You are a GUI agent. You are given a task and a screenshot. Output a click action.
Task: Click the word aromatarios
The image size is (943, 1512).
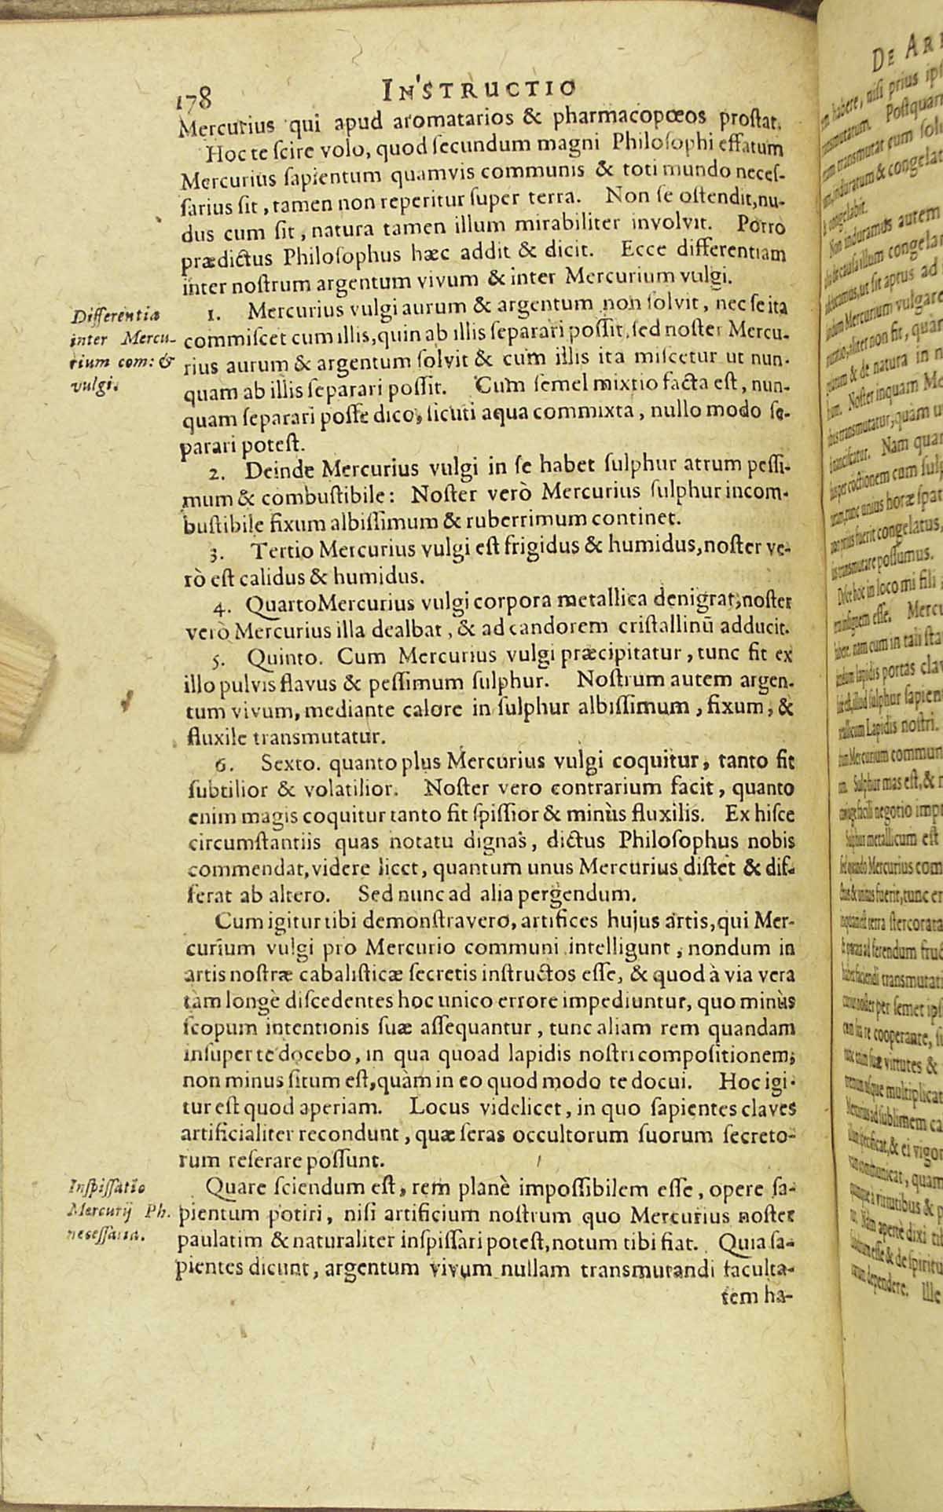click(x=424, y=120)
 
